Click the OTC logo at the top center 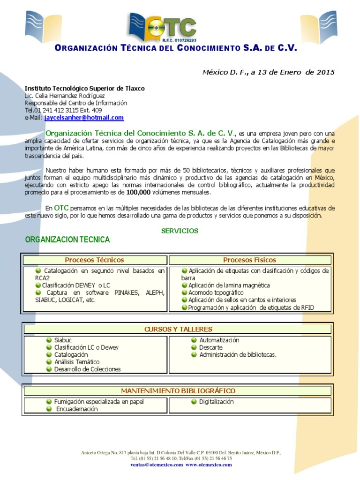163,28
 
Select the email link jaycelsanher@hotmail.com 84,118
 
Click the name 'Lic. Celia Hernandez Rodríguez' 65,96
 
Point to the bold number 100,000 141,193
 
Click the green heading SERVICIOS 180,231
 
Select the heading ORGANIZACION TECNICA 67,240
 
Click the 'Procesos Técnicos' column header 94,260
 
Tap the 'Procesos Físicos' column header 249,260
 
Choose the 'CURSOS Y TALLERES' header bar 178,329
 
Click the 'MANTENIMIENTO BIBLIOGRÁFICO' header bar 178,390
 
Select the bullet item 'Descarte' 210,347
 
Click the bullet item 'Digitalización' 216,402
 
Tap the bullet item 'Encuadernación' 77,409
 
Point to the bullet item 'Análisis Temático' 77,362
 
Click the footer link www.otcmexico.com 209,465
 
